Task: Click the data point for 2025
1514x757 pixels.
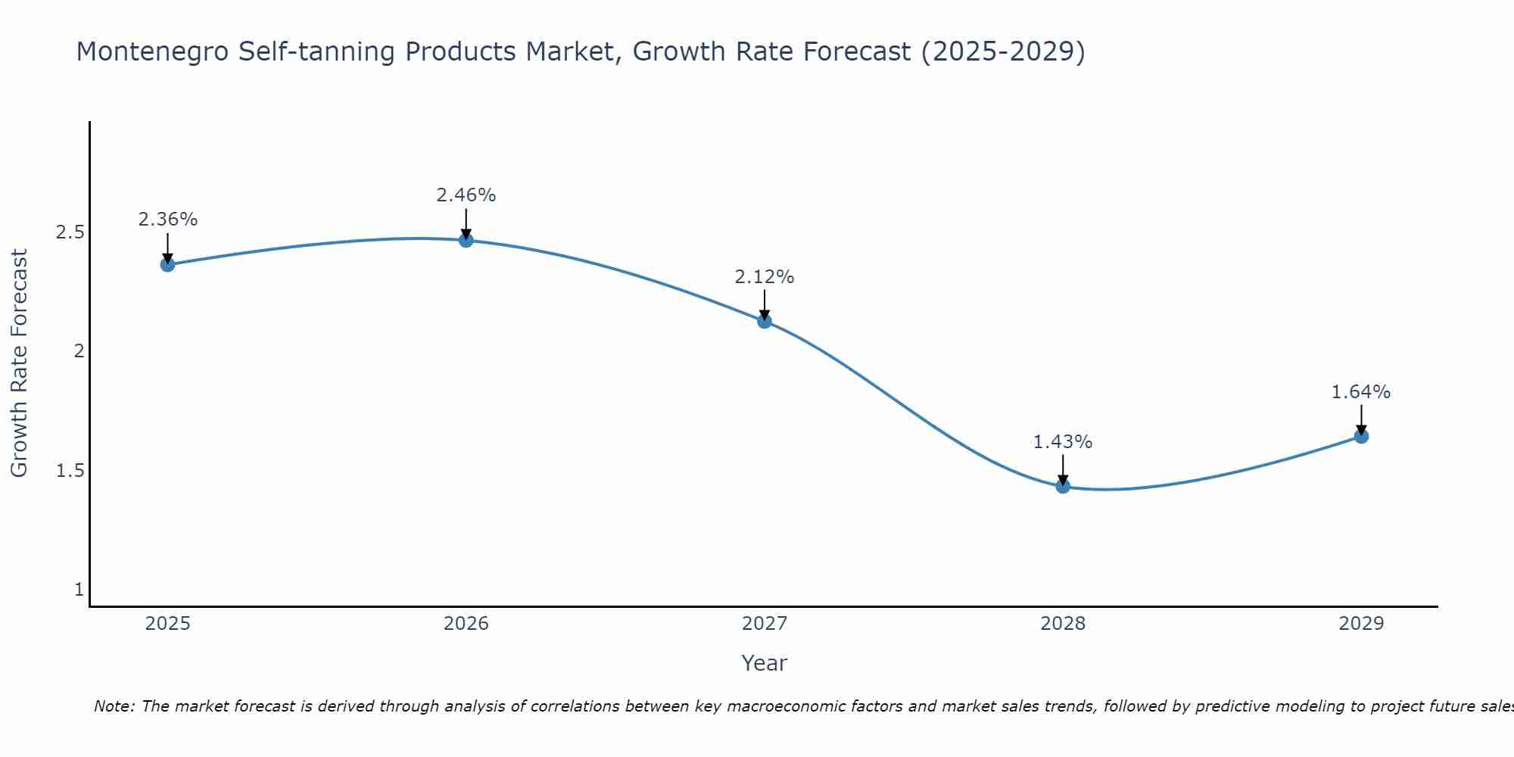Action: (167, 264)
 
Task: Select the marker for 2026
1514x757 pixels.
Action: (466, 240)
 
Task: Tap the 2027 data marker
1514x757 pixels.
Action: (765, 321)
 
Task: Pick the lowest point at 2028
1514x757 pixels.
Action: (1063, 486)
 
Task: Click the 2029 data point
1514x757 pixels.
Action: (1361, 436)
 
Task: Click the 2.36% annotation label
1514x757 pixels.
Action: (167, 220)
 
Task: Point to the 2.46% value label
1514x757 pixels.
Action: (466, 195)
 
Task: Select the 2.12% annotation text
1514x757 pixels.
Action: (765, 277)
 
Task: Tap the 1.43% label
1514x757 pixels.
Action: (1063, 442)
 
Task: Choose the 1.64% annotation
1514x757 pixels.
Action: (1361, 392)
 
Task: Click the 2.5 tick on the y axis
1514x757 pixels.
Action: (70, 232)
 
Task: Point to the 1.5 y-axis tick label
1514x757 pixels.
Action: (70, 471)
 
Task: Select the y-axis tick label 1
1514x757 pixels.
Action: (79, 590)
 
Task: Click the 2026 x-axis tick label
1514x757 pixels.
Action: (466, 624)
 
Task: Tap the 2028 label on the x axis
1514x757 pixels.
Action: (1063, 624)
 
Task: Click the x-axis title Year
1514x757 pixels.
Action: (765, 663)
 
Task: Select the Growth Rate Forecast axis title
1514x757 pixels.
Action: (19, 363)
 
